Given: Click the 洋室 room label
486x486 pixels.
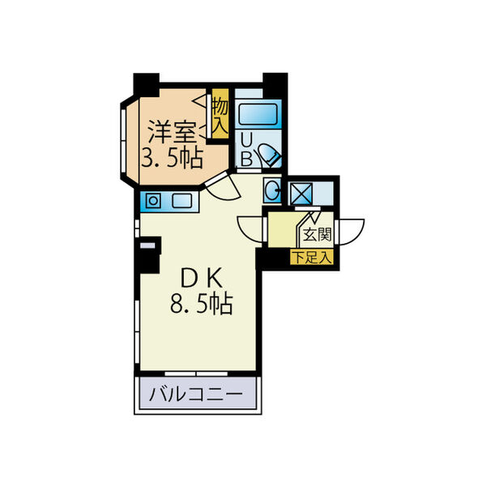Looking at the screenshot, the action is click(172, 131).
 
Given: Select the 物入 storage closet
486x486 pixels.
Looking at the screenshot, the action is click(220, 113).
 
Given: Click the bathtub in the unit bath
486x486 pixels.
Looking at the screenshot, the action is click(258, 114).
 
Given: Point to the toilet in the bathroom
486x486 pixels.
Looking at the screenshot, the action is click(270, 155).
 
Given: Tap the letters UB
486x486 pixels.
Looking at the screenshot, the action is click(246, 151).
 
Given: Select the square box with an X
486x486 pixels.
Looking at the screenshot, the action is click(300, 194).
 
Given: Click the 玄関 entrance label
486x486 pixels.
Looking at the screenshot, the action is click(317, 235).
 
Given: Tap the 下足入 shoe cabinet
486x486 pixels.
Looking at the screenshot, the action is click(312, 257).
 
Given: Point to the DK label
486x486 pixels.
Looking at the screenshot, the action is click(201, 278).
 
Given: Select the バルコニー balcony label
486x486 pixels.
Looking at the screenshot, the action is click(195, 394).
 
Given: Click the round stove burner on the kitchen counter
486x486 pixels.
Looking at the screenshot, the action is click(153, 201).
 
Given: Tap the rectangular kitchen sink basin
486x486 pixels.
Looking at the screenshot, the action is click(182, 201).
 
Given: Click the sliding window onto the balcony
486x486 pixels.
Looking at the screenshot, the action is click(196, 373).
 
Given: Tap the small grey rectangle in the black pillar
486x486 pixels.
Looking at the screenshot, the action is click(147, 245).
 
